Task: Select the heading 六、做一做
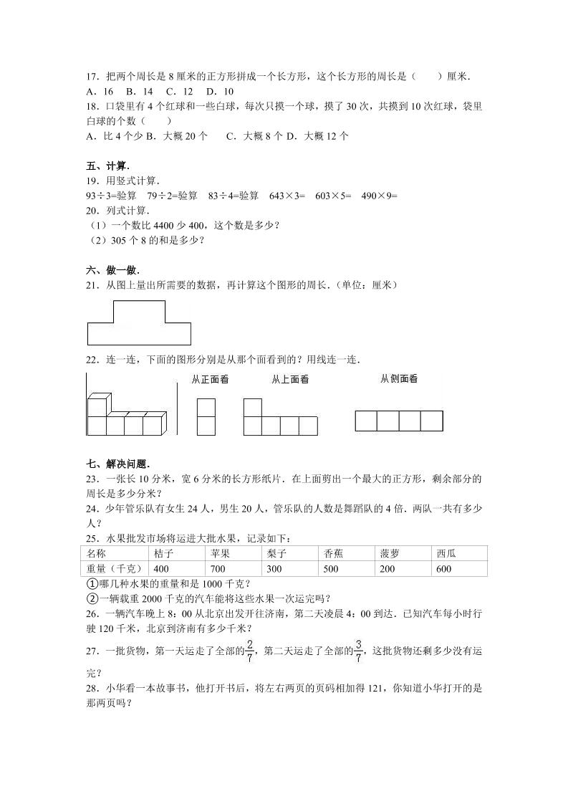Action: pyautogui.click(x=108, y=270)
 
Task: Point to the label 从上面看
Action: pyautogui.click(x=290, y=380)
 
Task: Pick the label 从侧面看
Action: pyautogui.click(x=399, y=379)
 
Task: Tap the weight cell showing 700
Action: pyautogui.click(x=236, y=568)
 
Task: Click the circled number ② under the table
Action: pyautogui.click(x=92, y=598)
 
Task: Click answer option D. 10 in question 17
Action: pyautogui.click(x=219, y=91)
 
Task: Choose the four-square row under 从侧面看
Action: pyautogui.click(x=399, y=421)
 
